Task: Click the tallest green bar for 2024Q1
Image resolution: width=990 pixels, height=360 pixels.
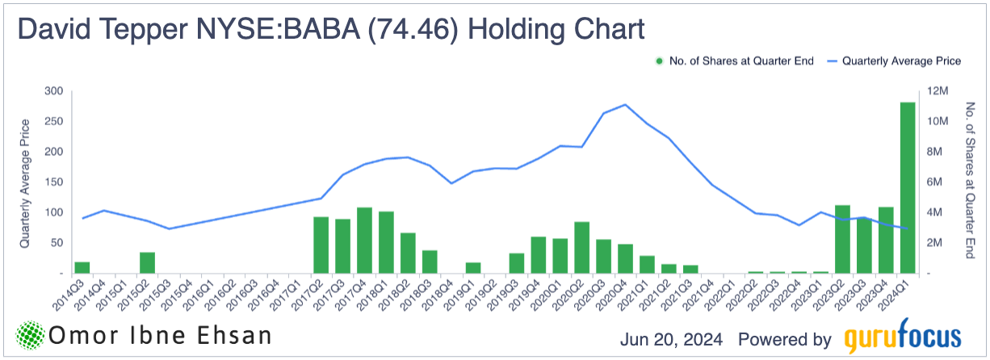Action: pos(908,187)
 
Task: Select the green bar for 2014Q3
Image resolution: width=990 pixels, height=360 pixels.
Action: pos(82,267)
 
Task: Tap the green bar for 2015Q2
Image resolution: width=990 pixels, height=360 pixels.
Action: pos(147,262)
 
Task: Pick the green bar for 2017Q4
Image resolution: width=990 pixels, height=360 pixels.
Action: pos(364,240)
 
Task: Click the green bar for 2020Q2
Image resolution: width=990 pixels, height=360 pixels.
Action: pos(581,247)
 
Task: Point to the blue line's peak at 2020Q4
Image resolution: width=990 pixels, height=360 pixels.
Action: pos(625,105)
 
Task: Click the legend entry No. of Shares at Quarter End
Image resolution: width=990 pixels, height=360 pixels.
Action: pos(735,61)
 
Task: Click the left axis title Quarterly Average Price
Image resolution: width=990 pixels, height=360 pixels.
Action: pos(25,182)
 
